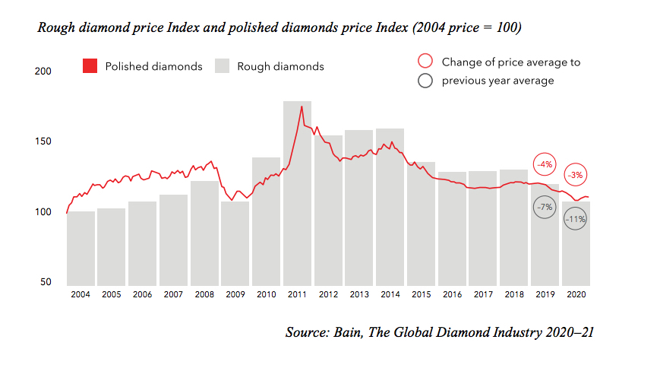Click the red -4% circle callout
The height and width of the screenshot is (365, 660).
pyautogui.click(x=545, y=164)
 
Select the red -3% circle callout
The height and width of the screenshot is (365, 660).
pyautogui.click(x=576, y=175)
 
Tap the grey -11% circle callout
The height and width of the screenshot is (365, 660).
pyautogui.click(x=575, y=220)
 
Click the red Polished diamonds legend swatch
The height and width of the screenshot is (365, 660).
pyautogui.click(x=90, y=66)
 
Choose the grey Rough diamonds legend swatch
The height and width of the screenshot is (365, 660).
pyautogui.click(x=223, y=66)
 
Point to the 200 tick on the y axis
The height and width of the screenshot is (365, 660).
pyautogui.click(x=43, y=71)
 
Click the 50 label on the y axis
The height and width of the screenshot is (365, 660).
pyautogui.click(x=45, y=282)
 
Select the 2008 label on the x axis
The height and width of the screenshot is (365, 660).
pyautogui.click(x=204, y=294)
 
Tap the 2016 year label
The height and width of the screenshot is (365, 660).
pyautogui.click(x=452, y=294)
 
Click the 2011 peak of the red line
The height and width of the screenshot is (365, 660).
pyautogui.click(x=302, y=106)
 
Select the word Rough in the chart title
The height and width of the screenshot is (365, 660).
pyautogui.click(x=56, y=28)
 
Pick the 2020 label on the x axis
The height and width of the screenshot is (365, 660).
pyautogui.click(x=576, y=294)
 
